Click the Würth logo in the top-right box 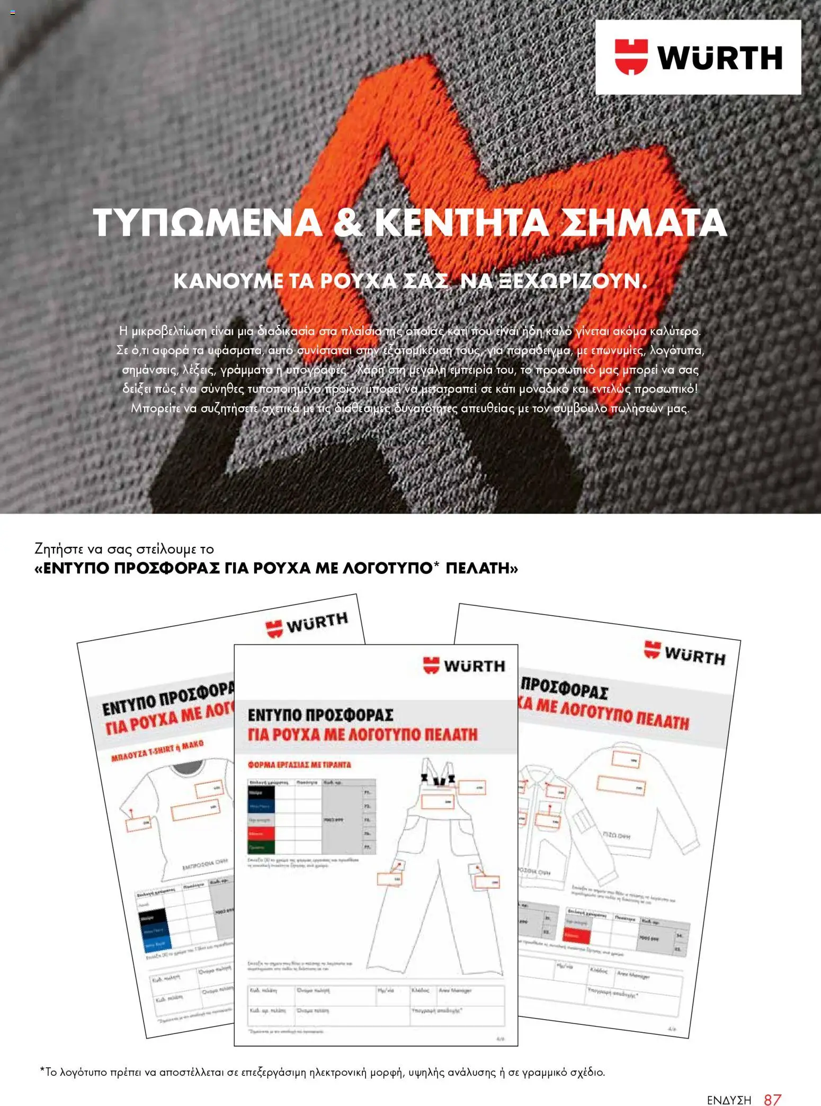point(698,57)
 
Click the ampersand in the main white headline point(348,223)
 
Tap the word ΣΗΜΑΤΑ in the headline point(644,223)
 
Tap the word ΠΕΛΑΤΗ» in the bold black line point(482,568)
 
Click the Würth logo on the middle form point(465,666)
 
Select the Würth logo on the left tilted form point(307,624)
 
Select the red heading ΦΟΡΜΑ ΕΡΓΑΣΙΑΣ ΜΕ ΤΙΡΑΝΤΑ point(300,765)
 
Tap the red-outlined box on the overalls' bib point(437,802)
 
